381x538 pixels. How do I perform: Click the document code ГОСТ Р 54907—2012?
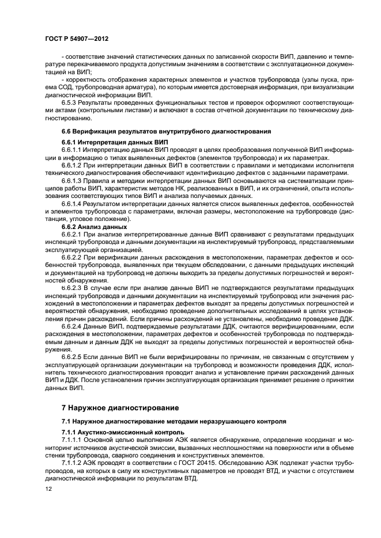pos(77,38)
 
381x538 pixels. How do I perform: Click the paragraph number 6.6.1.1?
pos(73,150)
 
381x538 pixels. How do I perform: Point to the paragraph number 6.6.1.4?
pos(73,204)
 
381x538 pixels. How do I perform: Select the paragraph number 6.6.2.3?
pos(73,286)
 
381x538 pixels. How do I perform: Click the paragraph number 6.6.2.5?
pos(73,357)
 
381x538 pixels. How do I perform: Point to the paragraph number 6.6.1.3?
pos(73,181)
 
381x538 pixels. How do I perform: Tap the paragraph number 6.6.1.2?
pos(73,166)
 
